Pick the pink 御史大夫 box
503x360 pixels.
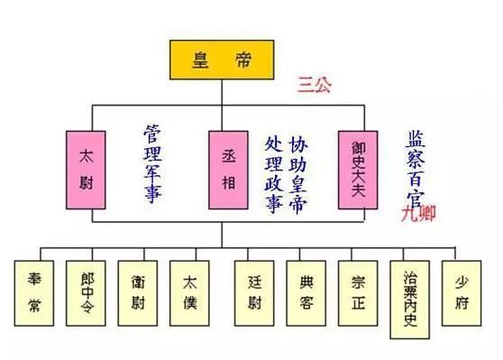click(x=358, y=166)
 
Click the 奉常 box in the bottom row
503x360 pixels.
click(x=34, y=291)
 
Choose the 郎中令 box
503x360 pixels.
click(x=87, y=291)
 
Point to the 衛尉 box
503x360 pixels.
click(x=138, y=291)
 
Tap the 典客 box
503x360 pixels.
click(x=306, y=291)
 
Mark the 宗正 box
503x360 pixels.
click(x=357, y=291)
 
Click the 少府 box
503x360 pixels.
click(x=461, y=291)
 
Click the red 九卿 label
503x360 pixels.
click(x=418, y=215)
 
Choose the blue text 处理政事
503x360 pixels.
click(x=273, y=173)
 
